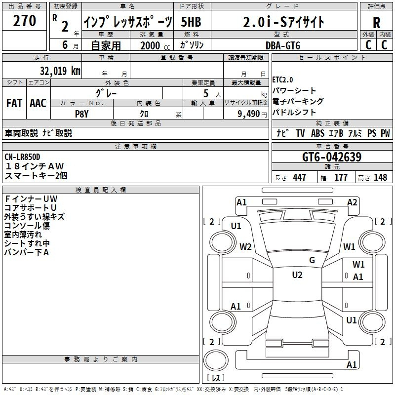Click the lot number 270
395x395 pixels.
(x=24, y=20)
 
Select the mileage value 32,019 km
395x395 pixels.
(x=60, y=71)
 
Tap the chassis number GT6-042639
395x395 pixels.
(x=332, y=157)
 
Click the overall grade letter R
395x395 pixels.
(x=376, y=22)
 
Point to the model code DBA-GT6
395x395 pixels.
(x=283, y=45)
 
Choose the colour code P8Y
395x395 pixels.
(x=82, y=114)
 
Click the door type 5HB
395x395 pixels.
(x=191, y=22)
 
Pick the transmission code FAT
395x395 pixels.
(x=14, y=103)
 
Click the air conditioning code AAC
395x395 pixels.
(x=38, y=103)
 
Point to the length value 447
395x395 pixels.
(x=299, y=177)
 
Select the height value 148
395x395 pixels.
(x=380, y=177)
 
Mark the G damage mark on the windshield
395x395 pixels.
(x=312, y=260)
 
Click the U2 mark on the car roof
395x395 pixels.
(x=297, y=275)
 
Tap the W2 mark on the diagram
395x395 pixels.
(x=245, y=246)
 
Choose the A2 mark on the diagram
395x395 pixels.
(x=352, y=202)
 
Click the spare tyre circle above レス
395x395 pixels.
(x=216, y=360)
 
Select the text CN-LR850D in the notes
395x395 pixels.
(x=22, y=157)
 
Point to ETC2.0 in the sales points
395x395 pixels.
(x=282, y=80)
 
